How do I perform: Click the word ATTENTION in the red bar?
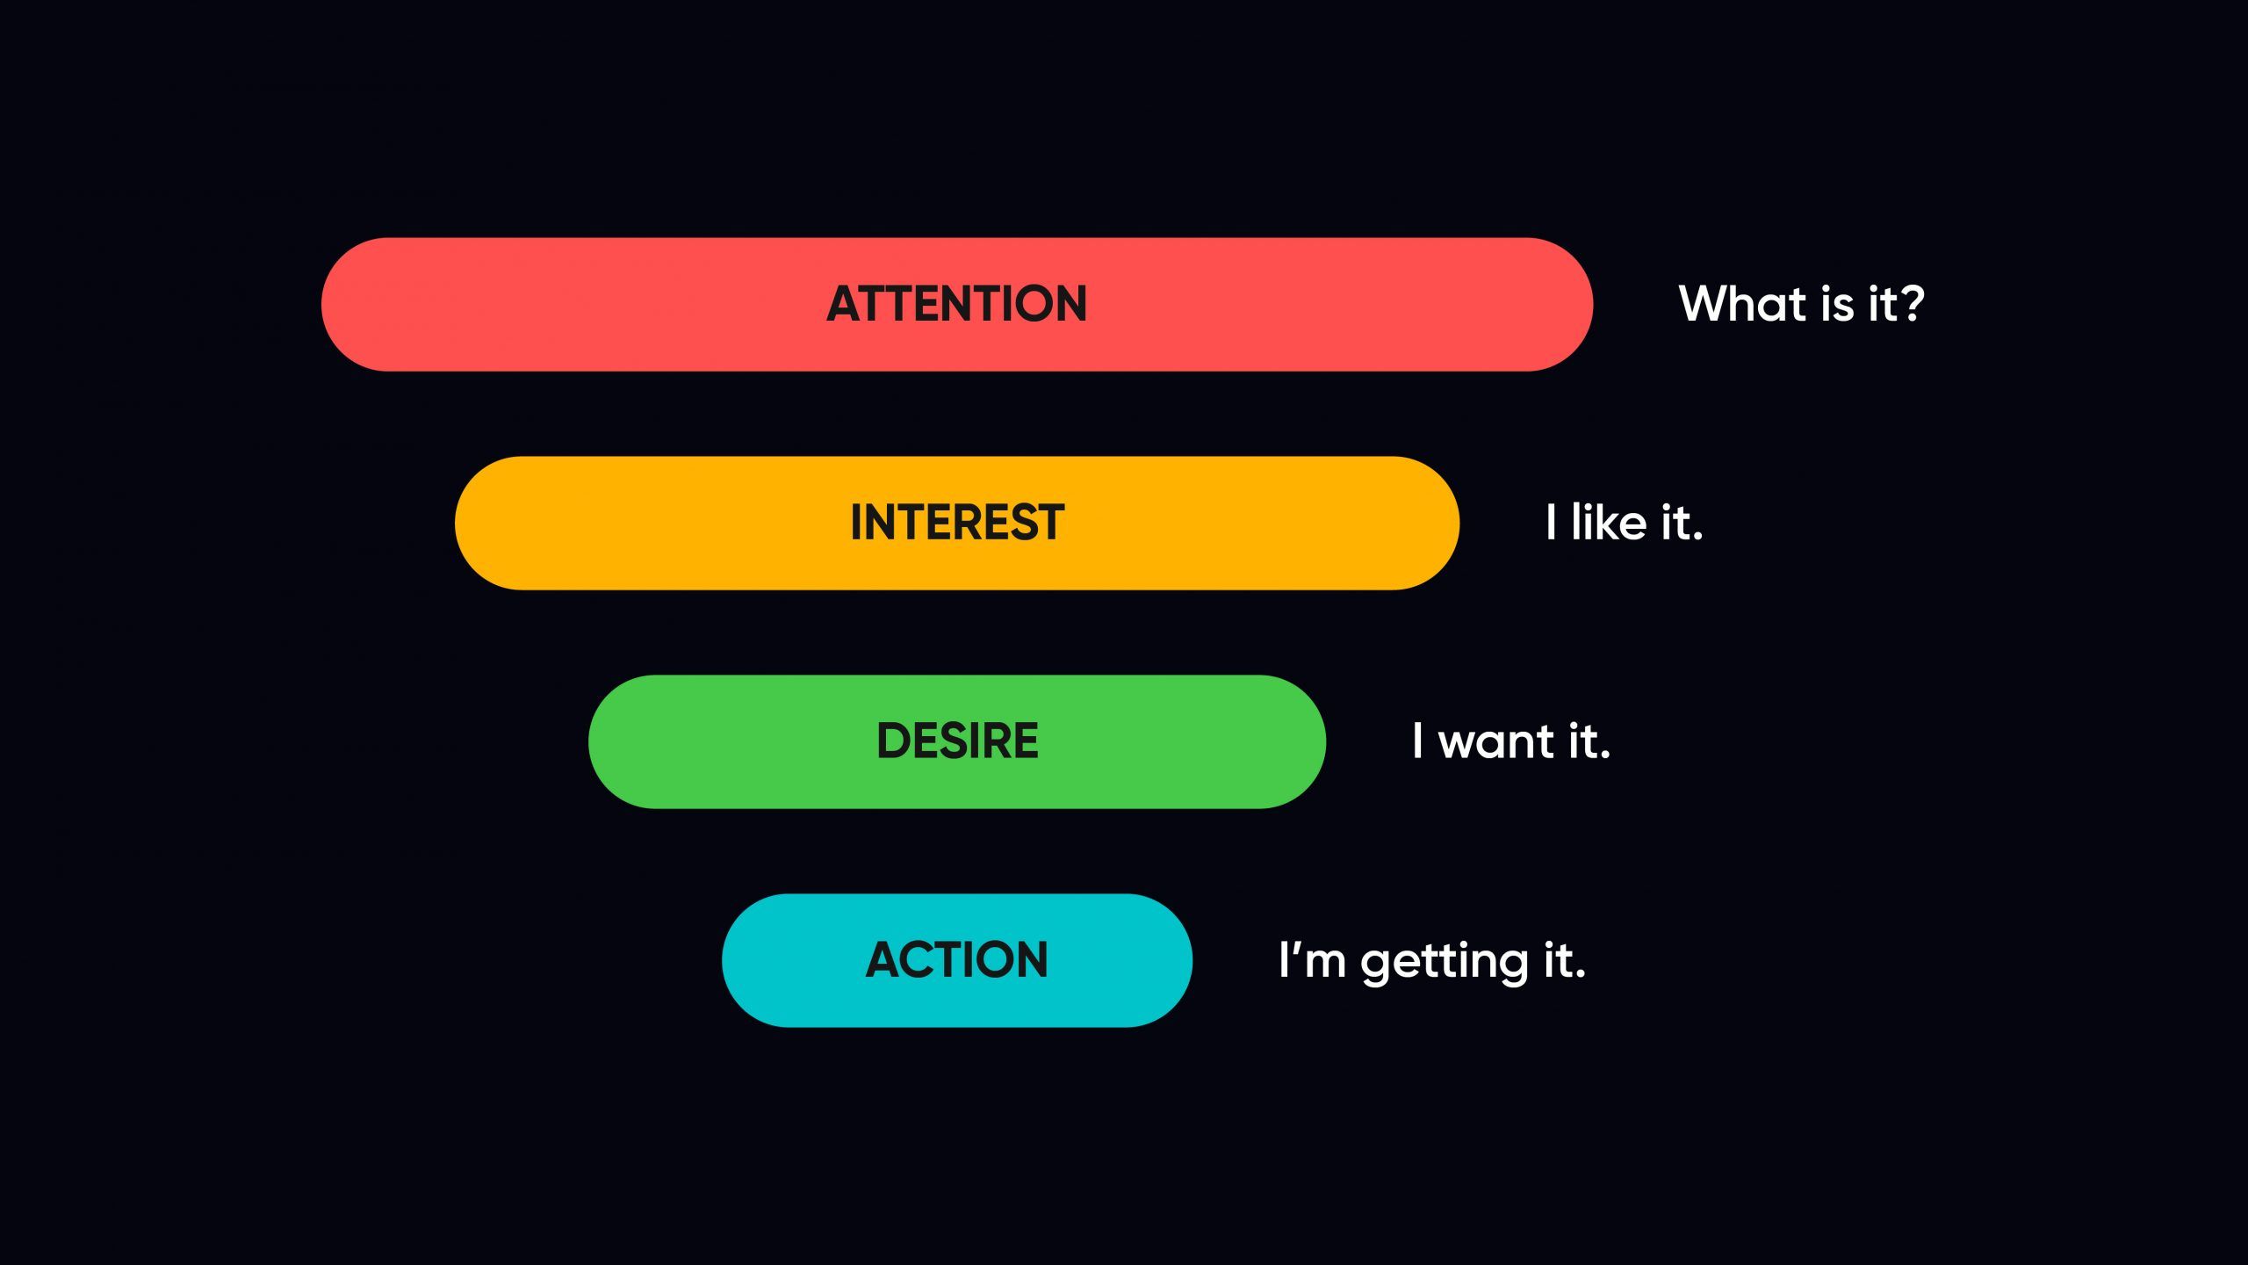pyautogui.click(x=956, y=304)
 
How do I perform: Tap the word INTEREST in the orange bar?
pyautogui.click(x=957, y=523)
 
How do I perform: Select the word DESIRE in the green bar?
pyautogui.click(x=957, y=741)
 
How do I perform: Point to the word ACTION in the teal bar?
pyautogui.click(x=956, y=959)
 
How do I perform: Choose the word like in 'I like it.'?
pyautogui.click(x=1608, y=523)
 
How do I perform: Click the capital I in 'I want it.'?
pyautogui.click(x=1417, y=741)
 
